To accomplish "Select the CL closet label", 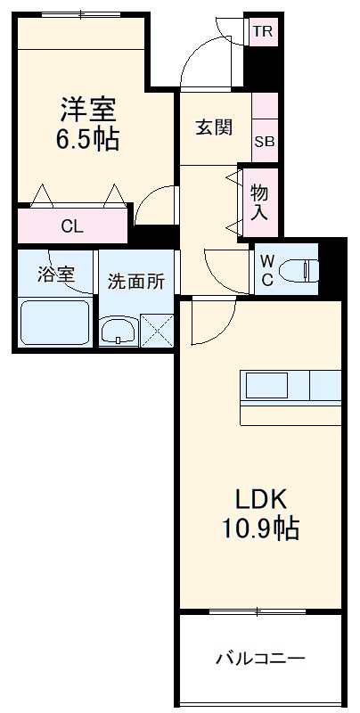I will [72, 226].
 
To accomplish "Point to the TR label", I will [261, 33].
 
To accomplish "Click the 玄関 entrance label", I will [214, 127].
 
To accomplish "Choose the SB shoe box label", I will [265, 141].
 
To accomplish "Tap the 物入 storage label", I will [259, 202].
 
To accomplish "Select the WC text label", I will [267, 269].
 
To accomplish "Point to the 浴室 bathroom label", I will [55, 275].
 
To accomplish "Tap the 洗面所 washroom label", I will [136, 282].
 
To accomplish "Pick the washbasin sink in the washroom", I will [118, 332].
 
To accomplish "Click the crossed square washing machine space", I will [157, 331].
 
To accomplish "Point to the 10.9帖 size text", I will [259, 529].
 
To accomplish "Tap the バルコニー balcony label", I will [260, 660].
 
